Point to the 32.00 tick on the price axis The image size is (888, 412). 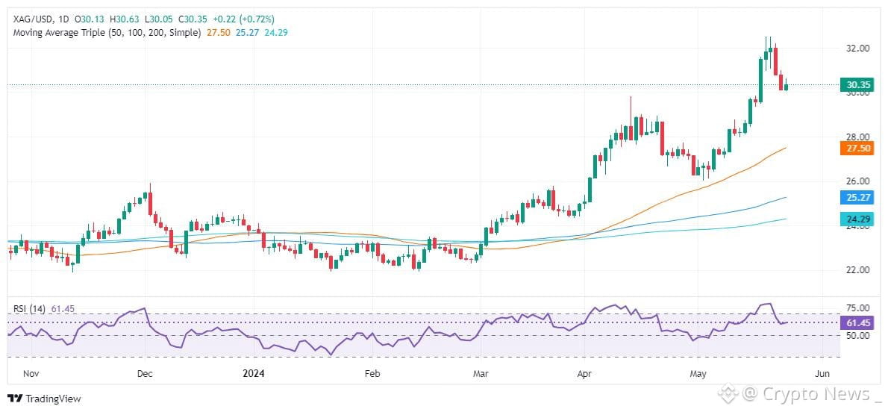click(857, 49)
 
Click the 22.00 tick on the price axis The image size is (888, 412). click(857, 270)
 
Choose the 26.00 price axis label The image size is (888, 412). click(857, 181)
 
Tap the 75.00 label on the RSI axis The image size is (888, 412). click(857, 308)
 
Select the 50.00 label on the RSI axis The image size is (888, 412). click(857, 335)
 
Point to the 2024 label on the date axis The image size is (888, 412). click(254, 374)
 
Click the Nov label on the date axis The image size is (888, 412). click(31, 374)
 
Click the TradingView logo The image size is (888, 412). click(44, 399)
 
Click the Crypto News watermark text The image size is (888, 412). click(815, 394)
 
